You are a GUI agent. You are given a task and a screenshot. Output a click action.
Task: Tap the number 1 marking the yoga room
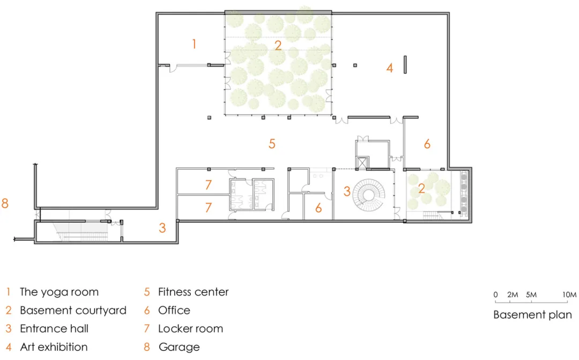coord(194,44)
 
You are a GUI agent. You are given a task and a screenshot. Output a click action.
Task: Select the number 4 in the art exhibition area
coord(390,68)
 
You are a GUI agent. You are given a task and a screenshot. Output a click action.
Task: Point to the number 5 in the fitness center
coord(272,143)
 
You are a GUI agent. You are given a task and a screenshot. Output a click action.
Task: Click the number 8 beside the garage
coord(5,203)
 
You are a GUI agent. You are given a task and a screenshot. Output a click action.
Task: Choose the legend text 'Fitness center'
coord(193,292)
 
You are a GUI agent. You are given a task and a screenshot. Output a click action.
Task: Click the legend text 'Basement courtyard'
coord(73,311)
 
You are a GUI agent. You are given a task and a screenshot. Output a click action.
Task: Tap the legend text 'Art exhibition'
coord(54,347)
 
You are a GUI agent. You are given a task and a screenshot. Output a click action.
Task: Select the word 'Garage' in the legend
coord(179,348)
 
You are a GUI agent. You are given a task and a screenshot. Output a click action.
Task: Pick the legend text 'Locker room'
coord(190,328)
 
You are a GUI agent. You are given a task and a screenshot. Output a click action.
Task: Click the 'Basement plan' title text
coord(532,315)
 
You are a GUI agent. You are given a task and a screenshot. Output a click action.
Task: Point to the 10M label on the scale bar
coord(569,295)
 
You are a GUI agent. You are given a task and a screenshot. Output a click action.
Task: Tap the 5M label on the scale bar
coord(531,295)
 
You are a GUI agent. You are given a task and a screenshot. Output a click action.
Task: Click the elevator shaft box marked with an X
coord(362,163)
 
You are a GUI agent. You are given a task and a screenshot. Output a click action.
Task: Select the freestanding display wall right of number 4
coord(405,65)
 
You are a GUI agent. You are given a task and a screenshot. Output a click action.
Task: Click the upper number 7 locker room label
coord(208,185)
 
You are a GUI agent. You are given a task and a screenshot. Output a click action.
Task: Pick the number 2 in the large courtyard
coord(278,46)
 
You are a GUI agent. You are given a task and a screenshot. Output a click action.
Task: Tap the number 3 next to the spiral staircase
coord(347,191)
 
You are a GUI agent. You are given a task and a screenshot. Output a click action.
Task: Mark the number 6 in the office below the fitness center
coord(318,208)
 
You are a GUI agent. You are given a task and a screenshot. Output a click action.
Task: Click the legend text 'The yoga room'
coord(59,292)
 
